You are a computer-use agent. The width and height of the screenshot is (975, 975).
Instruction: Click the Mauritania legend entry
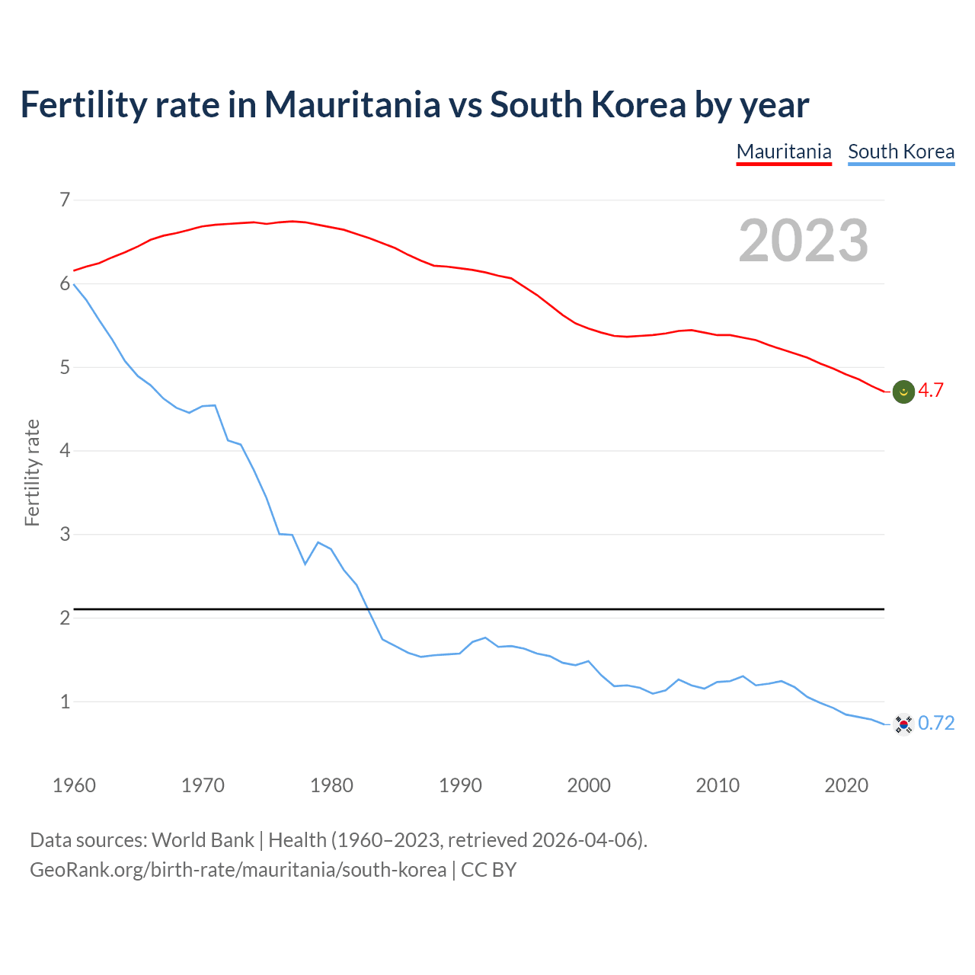tap(784, 152)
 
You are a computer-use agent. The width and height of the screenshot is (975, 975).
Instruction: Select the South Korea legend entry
tap(901, 152)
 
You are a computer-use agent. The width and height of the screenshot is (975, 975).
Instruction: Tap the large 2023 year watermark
tap(804, 241)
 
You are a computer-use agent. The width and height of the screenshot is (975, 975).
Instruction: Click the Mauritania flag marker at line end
tap(903, 392)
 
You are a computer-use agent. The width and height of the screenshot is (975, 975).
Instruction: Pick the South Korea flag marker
tap(903, 724)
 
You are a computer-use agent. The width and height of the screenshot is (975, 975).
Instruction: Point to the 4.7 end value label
tap(931, 391)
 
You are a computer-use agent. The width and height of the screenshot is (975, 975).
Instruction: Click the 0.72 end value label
tap(936, 724)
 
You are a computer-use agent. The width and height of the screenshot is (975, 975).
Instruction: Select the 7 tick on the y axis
tap(65, 200)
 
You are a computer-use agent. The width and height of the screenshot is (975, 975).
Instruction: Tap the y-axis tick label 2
tap(65, 618)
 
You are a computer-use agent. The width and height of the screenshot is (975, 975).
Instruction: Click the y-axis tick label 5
tap(65, 368)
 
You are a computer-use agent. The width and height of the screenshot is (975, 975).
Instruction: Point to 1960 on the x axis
tap(74, 785)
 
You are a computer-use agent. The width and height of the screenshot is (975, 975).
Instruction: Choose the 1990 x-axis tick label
tap(460, 785)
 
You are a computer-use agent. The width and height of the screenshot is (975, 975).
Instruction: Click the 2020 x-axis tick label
tap(846, 785)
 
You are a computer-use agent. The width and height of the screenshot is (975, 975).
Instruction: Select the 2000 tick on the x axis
tap(589, 785)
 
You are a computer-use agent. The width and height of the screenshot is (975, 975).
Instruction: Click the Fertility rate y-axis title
tap(32, 472)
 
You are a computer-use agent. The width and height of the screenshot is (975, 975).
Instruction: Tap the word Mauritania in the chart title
tap(352, 104)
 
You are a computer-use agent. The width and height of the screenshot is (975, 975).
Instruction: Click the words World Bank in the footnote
tap(203, 840)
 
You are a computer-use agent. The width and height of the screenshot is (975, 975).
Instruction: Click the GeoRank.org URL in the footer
tap(238, 870)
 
